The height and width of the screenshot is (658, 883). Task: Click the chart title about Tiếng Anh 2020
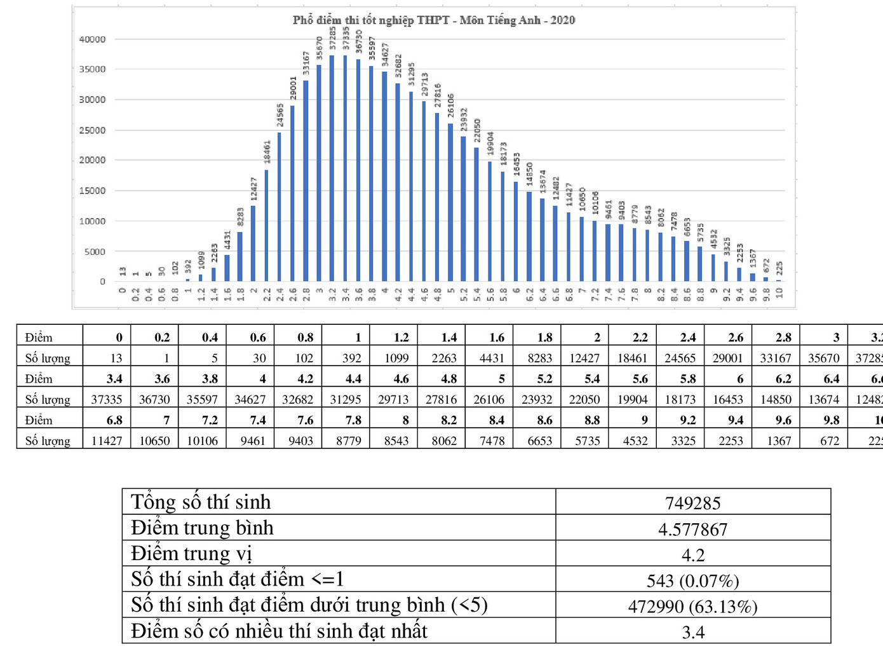click(434, 20)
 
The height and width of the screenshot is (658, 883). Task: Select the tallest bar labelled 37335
click(346, 168)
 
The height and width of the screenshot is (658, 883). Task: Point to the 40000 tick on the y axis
click(92, 39)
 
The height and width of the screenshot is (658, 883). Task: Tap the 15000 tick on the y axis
click(92, 191)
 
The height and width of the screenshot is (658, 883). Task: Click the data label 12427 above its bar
click(254, 189)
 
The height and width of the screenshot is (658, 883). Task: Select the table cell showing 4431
click(492, 358)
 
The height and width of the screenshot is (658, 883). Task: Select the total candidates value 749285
click(692, 504)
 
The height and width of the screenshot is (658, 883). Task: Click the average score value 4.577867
click(692, 529)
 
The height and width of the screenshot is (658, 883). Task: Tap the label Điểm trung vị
click(191, 554)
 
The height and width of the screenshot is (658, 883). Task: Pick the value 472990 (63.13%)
click(692, 607)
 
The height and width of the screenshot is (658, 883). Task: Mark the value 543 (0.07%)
click(692, 580)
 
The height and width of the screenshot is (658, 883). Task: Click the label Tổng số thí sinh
click(201, 502)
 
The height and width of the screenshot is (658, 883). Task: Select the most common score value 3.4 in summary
click(692, 633)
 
